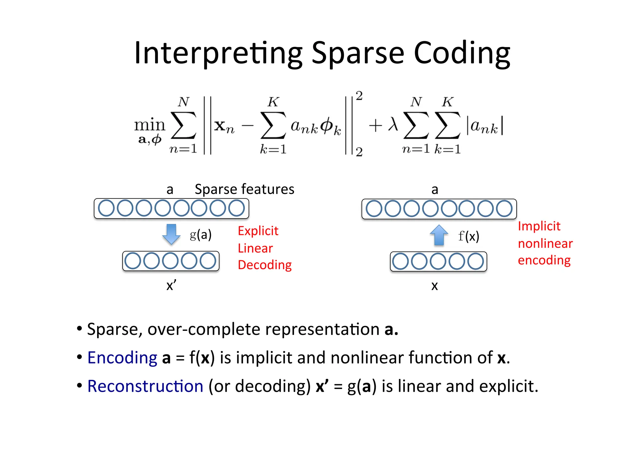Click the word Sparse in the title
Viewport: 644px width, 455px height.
[358, 53]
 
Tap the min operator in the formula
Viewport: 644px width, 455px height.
[149, 125]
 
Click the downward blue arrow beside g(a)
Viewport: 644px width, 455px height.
[171, 234]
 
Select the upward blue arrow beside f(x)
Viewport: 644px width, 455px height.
[439, 235]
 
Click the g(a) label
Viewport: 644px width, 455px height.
[201, 235]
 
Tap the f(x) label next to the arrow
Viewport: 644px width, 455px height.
[469, 236]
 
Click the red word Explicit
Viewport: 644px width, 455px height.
[258, 231]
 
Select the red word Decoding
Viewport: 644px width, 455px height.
[264, 265]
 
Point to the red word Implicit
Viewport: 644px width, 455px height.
[539, 226]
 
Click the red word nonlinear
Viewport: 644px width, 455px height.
[545, 244]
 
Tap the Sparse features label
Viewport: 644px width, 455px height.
[244, 189]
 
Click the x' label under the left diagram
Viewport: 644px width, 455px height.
[171, 286]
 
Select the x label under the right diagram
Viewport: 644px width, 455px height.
[434, 286]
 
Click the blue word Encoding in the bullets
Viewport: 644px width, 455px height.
[122, 358]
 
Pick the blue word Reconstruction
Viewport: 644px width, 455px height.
[145, 386]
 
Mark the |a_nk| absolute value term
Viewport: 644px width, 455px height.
[485, 126]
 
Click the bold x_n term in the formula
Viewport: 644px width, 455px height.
[224, 126]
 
